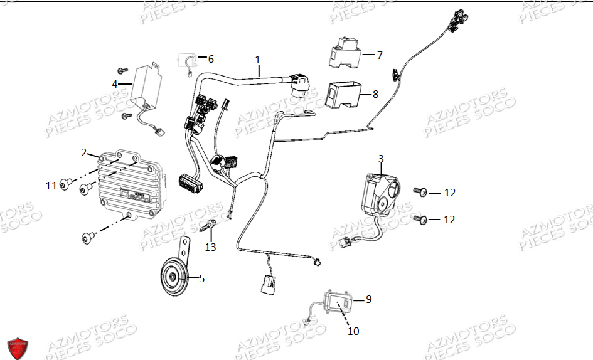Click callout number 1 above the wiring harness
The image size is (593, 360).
pos(257,60)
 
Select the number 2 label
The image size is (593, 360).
pos(84,152)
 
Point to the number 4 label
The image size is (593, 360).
pos(114,83)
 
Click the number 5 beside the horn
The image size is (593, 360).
pos(201,278)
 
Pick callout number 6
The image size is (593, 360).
pos(211,59)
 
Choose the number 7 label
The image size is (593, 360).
pos(379,55)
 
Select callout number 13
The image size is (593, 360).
pos(210,247)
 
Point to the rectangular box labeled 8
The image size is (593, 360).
pos(346,94)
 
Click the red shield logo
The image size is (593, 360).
pos(18,347)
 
